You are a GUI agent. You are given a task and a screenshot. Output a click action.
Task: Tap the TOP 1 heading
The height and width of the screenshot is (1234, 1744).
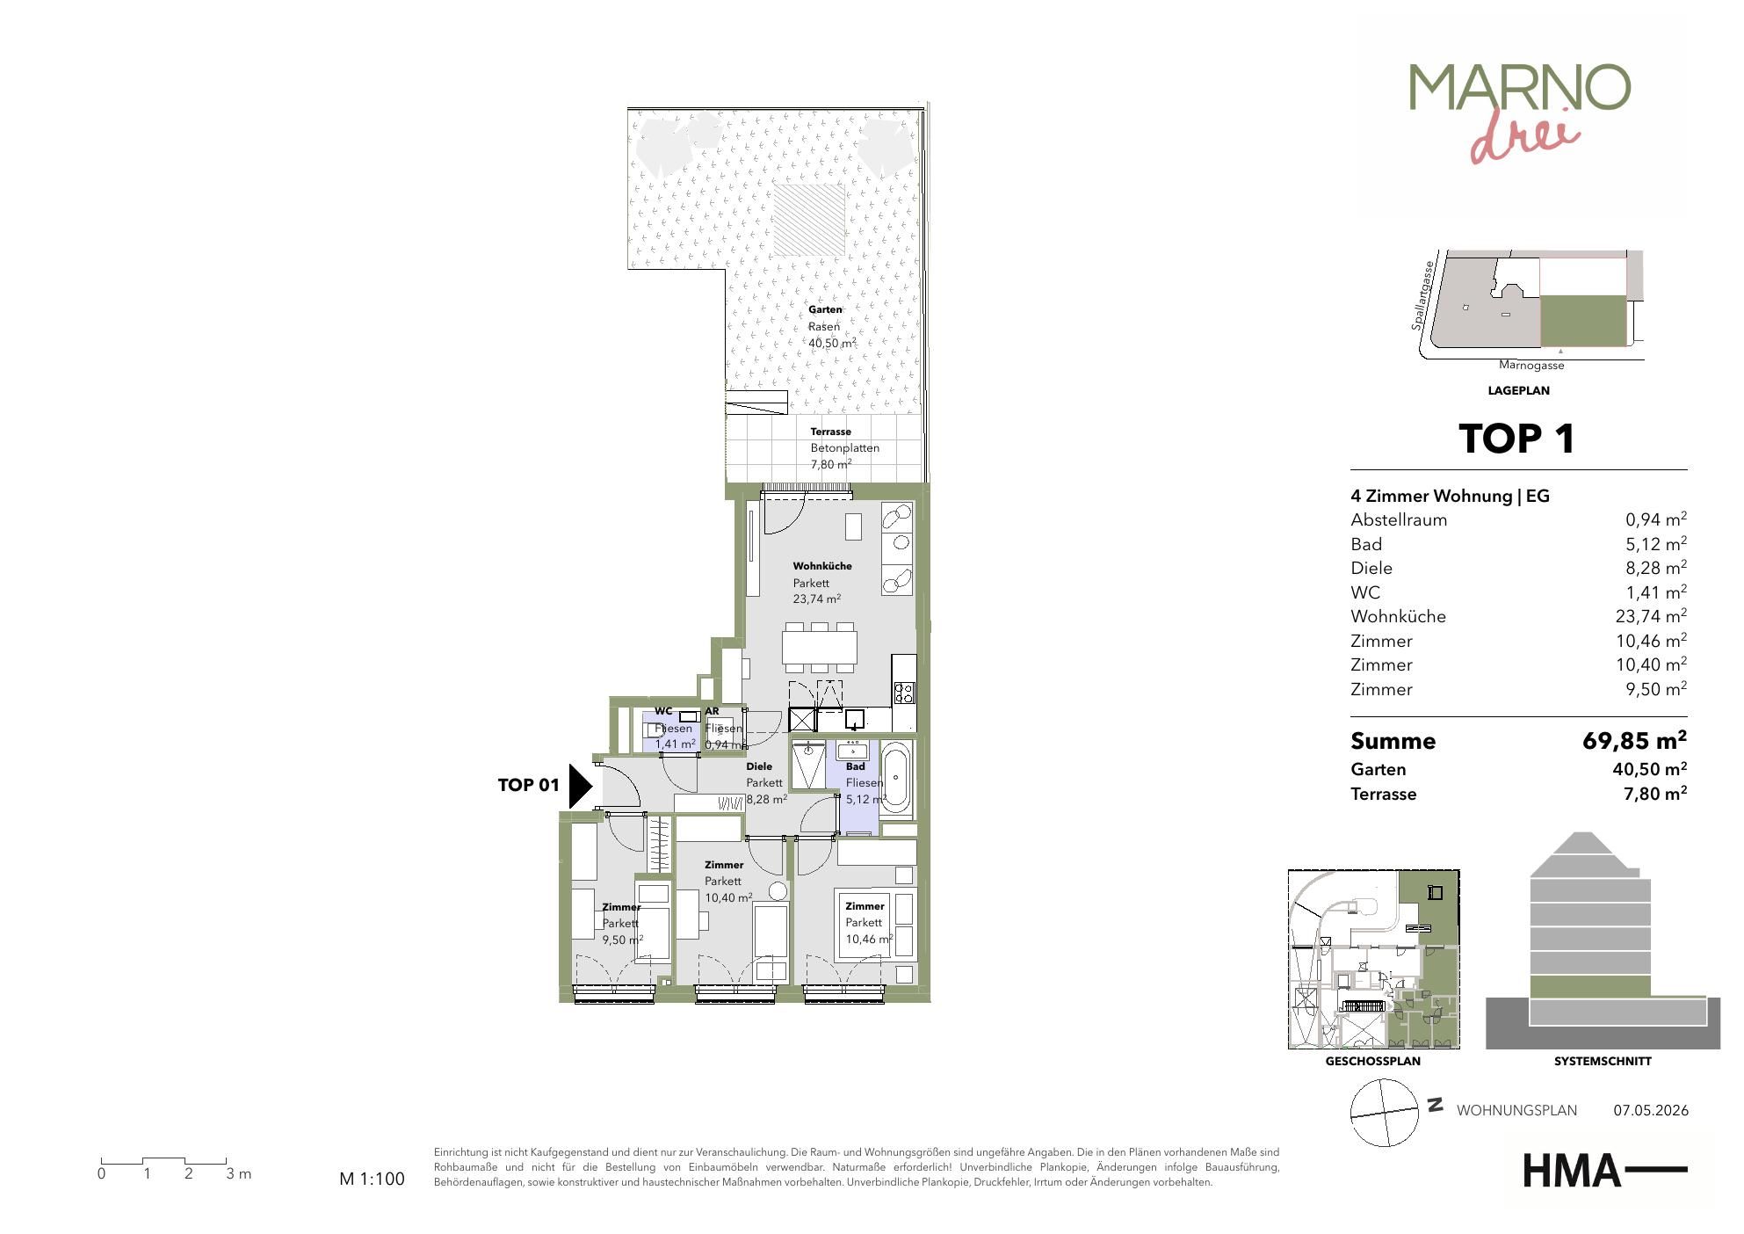point(1517,439)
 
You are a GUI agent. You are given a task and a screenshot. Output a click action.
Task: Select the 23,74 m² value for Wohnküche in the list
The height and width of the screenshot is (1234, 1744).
point(1651,616)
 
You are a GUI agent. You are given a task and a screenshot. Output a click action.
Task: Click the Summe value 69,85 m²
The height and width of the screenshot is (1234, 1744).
point(1634,740)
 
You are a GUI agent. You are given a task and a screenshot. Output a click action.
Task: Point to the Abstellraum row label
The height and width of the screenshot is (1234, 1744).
point(1399,519)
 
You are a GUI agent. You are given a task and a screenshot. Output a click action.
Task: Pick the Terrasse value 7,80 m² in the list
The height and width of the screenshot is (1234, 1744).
point(1655,794)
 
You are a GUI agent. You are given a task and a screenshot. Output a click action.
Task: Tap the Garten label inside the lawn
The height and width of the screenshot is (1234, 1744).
point(825,309)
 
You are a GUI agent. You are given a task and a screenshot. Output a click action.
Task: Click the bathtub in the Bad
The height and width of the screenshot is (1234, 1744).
point(895,777)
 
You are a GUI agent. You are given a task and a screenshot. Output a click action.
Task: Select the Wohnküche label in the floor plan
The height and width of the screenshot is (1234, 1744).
point(822,566)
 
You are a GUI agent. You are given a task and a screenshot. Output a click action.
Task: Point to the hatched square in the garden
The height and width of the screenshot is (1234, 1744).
point(808,220)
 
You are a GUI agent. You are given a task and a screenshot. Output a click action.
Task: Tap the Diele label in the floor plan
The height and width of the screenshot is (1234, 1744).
point(759,766)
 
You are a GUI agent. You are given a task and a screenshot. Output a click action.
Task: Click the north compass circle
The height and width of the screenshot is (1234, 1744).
point(1385,1113)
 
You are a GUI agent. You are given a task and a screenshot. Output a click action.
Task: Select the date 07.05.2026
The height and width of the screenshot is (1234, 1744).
point(1651,1110)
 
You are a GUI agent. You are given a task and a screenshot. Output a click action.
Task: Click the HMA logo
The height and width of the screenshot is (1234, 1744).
point(1604,1171)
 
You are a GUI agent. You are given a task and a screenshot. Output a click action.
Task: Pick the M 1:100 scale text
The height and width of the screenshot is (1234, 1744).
point(373,1179)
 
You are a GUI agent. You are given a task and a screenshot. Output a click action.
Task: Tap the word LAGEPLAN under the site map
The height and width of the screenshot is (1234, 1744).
point(1518,390)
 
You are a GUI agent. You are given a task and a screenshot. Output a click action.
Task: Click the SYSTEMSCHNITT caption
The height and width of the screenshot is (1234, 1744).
point(1603,1061)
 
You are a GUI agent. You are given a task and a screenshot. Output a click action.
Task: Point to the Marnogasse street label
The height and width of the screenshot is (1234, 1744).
point(1531,366)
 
